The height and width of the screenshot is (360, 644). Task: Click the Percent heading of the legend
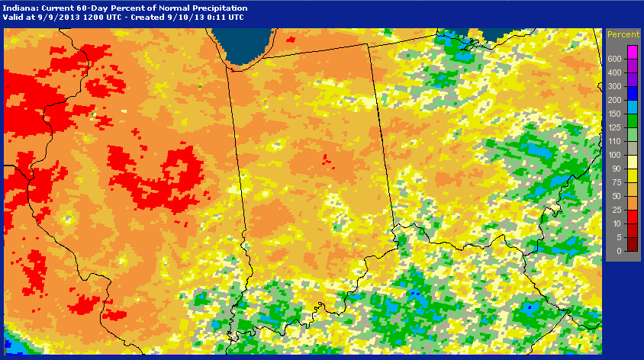(x=623, y=35)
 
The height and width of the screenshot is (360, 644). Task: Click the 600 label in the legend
(x=613, y=59)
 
